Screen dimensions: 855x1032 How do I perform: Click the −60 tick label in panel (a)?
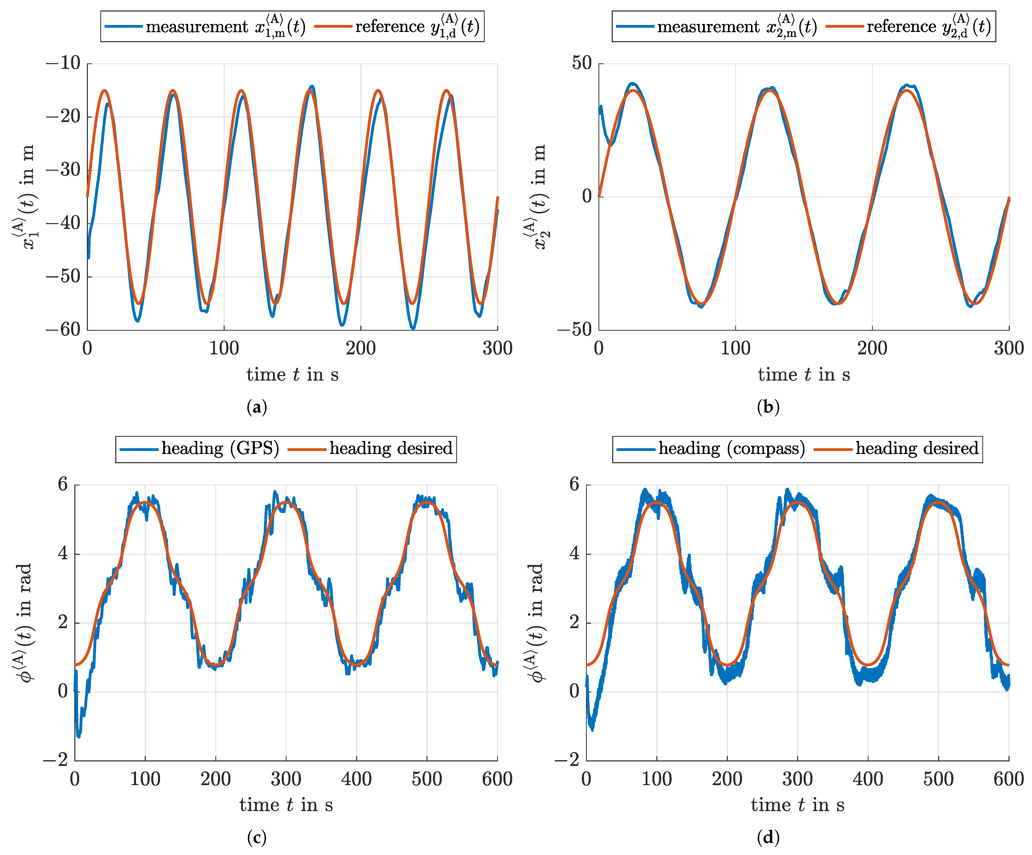pos(63,330)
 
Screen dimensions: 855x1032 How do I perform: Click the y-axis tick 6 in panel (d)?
pos(574,484)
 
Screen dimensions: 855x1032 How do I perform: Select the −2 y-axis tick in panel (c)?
pos(55,760)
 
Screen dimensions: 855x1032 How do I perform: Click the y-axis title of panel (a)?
pos(24,197)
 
